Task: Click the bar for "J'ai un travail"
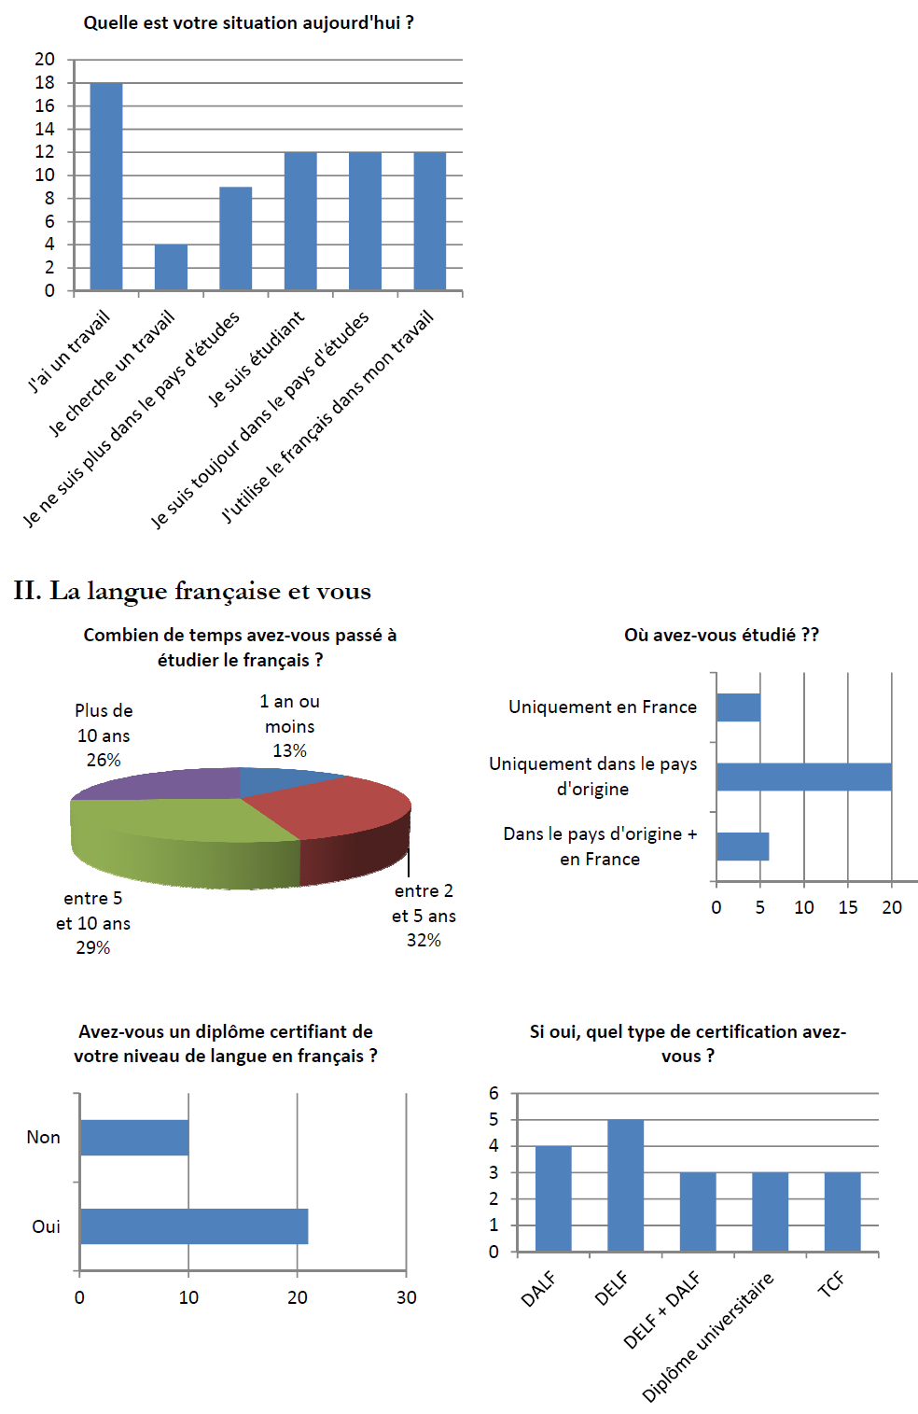pyautogui.click(x=106, y=187)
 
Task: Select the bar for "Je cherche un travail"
pyautogui.click(x=171, y=267)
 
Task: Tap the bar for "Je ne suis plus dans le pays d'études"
pyautogui.click(x=235, y=238)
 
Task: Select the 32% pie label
pyautogui.click(x=424, y=941)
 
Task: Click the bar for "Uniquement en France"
pyautogui.click(x=738, y=707)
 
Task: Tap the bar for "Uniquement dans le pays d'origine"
pyautogui.click(x=803, y=777)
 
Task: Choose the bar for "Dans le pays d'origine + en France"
pyautogui.click(x=743, y=847)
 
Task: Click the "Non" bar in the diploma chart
pyautogui.click(x=134, y=1138)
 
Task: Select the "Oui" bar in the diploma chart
pyautogui.click(x=194, y=1226)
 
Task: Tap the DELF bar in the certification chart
pyautogui.click(x=625, y=1185)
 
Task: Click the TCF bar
pyautogui.click(x=842, y=1211)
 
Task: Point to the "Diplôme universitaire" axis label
pyautogui.click(x=708, y=1337)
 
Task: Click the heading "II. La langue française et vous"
pyautogui.click(x=192, y=591)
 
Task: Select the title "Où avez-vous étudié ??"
pyautogui.click(x=721, y=635)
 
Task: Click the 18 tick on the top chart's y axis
pyautogui.click(x=45, y=82)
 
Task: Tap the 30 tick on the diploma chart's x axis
pyautogui.click(x=406, y=1297)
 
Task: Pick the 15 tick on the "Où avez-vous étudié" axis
pyautogui.click(x=847, y=907)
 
